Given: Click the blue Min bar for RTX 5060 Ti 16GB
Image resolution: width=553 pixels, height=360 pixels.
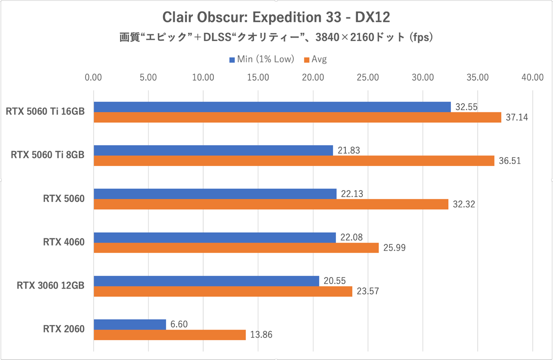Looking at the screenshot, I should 272,107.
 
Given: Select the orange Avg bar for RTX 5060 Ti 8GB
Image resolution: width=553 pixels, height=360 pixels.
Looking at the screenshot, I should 294,161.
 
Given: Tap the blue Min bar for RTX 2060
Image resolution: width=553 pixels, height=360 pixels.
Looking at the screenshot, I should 130,324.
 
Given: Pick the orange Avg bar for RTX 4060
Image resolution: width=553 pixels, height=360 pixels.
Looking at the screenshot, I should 236,247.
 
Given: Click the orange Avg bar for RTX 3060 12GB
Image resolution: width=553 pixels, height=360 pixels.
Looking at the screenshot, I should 223,291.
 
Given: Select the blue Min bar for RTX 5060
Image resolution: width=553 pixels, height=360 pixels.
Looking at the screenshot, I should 215,194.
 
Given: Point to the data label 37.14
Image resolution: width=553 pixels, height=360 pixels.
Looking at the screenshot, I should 517,117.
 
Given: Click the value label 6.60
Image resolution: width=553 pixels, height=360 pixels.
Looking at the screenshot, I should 179,324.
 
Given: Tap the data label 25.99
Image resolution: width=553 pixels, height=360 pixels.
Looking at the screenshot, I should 394,248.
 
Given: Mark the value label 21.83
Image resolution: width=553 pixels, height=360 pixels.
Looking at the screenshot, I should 348,151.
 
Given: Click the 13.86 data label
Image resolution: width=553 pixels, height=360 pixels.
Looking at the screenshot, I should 261,335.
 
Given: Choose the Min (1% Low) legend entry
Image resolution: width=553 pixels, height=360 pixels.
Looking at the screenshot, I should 262,59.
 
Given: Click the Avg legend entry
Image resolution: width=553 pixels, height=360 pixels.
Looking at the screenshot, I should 316,59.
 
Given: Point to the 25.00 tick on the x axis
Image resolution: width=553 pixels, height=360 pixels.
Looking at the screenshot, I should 368,78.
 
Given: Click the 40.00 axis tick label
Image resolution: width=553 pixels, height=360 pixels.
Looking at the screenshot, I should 532,78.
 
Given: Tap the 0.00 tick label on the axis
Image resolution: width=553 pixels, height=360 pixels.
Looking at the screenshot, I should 93,78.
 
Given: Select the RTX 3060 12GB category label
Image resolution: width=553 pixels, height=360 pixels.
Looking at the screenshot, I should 50,286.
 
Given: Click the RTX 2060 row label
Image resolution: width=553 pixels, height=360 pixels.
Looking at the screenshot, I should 64,329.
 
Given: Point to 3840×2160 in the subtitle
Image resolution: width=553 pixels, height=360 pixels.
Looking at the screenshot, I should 344,37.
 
